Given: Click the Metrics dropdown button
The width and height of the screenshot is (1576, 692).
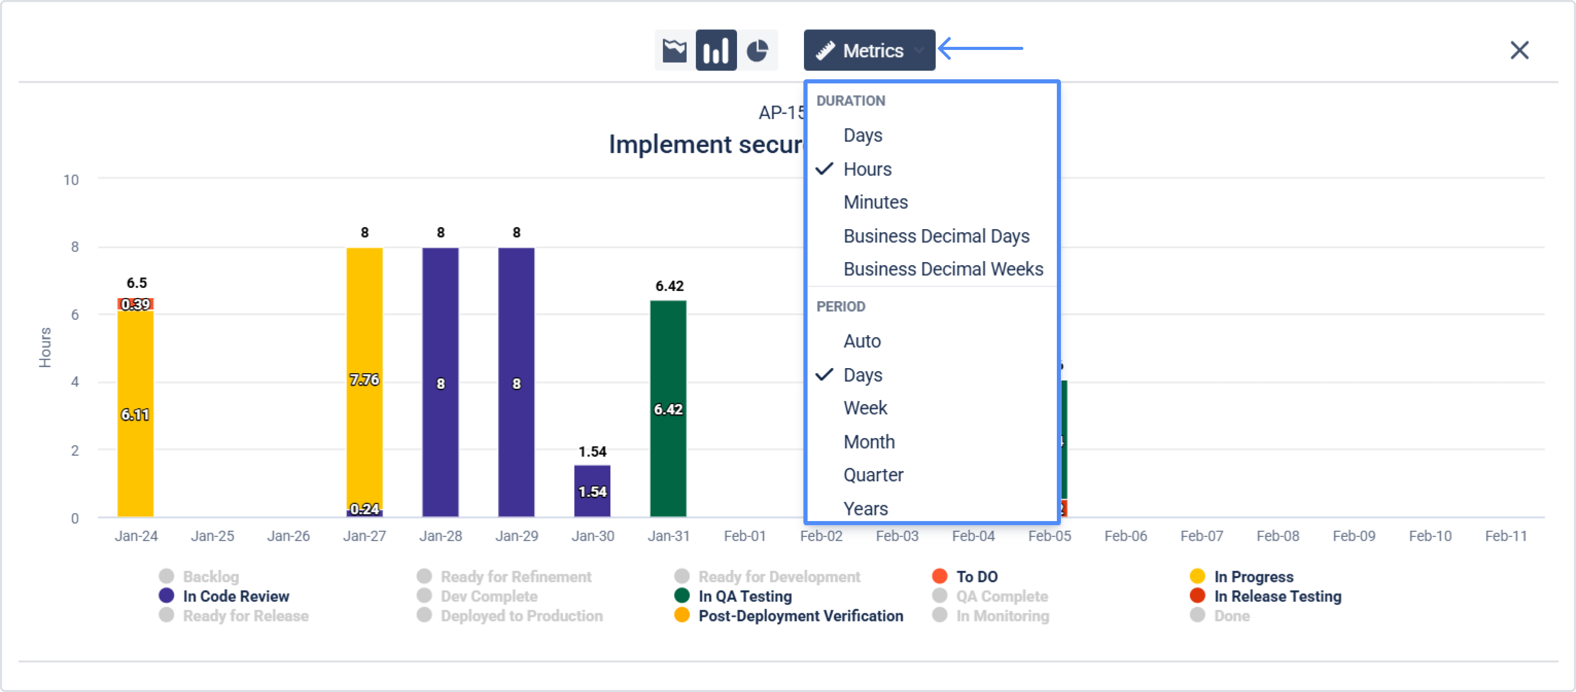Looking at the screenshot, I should [x=869, y=50].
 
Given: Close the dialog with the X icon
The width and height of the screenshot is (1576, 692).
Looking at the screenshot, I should [x=1519, y=50].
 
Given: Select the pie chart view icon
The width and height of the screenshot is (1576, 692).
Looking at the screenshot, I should [x=758, y=50].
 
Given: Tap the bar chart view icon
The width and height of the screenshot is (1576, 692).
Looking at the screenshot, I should [x=716, y=50].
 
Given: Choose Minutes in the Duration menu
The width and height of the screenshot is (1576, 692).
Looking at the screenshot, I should [x=876, y=202].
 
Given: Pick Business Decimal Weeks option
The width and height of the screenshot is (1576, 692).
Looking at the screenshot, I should [x=943, y=269].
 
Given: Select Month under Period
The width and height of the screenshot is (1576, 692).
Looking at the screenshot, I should [x=869, y=442].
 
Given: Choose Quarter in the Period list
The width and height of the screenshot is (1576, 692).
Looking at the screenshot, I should [x=873, y=475].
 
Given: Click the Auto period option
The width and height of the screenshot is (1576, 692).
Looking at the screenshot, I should [x=862, y=341].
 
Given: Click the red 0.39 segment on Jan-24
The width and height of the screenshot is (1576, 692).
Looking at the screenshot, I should [x=135, y=304].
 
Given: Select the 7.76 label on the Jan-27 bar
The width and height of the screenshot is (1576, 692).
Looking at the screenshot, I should [x=364, y=380].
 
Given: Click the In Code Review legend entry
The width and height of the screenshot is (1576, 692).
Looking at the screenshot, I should [x=235, y=596].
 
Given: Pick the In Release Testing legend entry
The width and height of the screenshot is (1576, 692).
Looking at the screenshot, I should [x=1277, y=596].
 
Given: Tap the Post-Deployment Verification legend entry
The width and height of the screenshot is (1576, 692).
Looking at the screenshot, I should [x=800, y=615].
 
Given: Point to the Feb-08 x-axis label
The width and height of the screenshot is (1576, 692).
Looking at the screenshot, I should [x=1277, y=536].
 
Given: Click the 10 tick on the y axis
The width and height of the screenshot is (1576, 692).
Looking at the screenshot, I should [x=71, y=180].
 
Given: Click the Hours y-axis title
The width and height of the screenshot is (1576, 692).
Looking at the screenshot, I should [x=45, y=348].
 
